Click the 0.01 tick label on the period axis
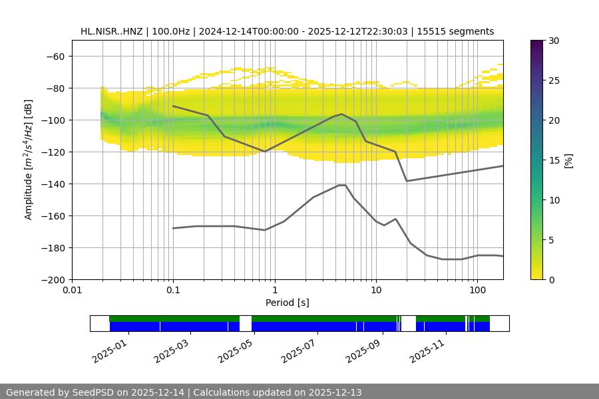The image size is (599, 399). (72, 291)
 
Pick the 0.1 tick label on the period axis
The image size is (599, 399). (173, 291)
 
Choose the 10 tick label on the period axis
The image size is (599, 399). (375, 291)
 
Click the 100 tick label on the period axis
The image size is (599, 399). (477, 291)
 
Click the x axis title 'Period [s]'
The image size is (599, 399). (287, 303)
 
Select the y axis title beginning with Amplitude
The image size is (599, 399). (29, 160)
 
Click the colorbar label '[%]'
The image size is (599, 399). (569, 160)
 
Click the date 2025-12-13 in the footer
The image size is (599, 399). (335, 392)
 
